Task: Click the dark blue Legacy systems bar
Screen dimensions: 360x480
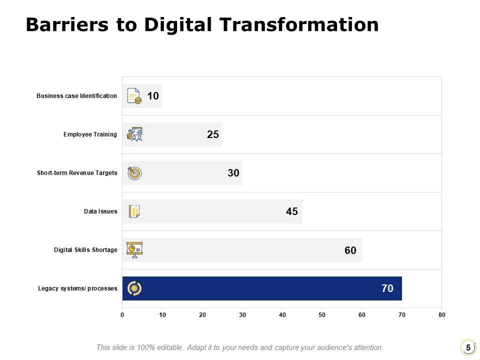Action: [x=260, y=288]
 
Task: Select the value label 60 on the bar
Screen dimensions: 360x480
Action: [x=350, y=250]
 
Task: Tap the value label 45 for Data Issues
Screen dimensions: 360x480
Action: [x=292, y=211]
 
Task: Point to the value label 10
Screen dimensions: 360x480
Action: [x=153, y=96]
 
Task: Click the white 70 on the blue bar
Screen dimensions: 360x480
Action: [x=387, y=288]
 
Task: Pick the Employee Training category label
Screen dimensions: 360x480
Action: [x=90, y=134]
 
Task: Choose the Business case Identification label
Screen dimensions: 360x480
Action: [x=76, y=96]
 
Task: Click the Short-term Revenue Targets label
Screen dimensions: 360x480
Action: [x=77, y=173]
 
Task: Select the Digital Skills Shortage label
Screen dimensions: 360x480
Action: [x=85, y=250]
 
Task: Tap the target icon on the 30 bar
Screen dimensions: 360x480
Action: [x=134, y=173]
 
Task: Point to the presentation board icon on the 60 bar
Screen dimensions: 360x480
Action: [x=134, y=249]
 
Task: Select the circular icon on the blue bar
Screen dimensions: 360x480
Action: [x=134, y=288]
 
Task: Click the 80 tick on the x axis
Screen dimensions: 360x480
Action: [x=441, y=315]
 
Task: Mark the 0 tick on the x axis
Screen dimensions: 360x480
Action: [x=122, y=315]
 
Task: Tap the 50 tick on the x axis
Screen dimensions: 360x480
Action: [x=322, y=315]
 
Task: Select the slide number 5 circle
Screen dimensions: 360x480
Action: [x=468, y=347]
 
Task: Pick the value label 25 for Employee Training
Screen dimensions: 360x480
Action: [x=213, y=134]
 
